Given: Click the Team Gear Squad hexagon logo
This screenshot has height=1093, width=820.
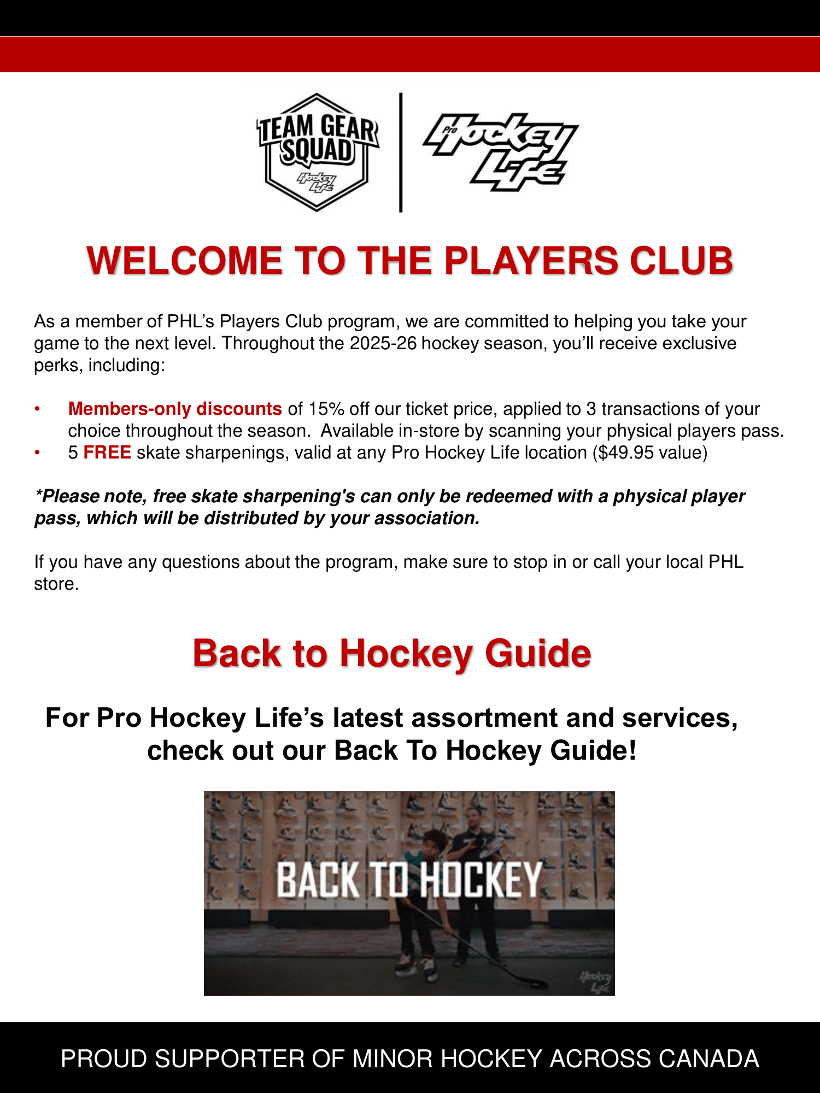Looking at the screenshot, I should pos(318,152).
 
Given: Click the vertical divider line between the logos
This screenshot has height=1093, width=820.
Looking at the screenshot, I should pos(401,152).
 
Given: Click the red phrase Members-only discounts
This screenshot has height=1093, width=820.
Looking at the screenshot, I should pos(175,409).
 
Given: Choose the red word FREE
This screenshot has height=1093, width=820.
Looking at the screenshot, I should pos(107,453).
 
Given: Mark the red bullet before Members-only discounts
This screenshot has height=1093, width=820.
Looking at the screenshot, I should pos(37,409).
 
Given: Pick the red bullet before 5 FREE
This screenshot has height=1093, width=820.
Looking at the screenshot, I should pos(37,453).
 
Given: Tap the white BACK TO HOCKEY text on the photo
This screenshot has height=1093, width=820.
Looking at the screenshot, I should pos(409,880).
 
